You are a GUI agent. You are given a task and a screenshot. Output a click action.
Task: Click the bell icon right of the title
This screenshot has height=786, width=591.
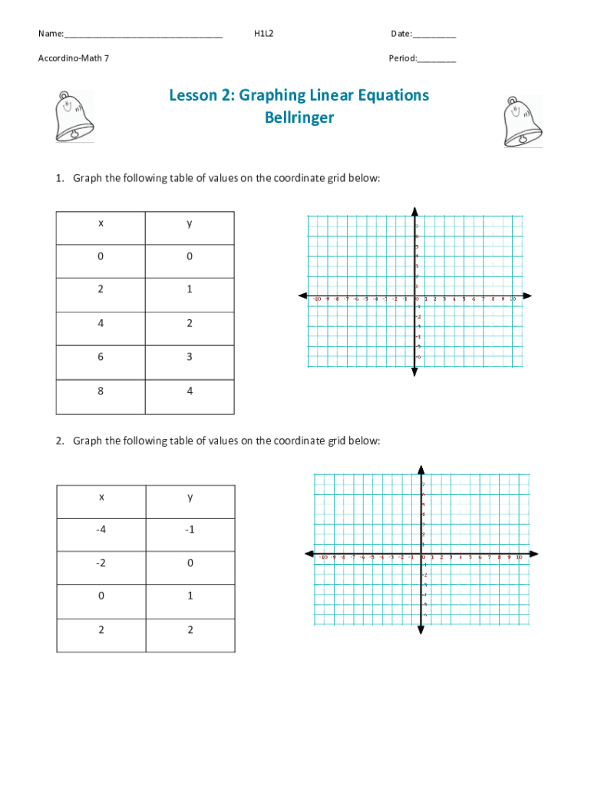click(522, 121)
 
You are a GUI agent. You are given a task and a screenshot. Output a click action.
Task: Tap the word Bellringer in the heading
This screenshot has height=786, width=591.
click(299, 118)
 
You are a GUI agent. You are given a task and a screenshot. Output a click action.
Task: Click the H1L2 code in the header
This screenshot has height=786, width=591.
click(264, 34)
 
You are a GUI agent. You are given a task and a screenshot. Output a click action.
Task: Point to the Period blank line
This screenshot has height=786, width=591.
click(437, 58)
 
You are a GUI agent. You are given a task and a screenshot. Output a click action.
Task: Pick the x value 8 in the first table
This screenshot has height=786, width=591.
click(101, 391)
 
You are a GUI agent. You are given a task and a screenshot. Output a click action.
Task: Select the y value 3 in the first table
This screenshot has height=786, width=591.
click(190, 357)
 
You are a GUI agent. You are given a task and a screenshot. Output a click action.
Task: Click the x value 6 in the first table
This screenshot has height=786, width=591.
click(101, 357)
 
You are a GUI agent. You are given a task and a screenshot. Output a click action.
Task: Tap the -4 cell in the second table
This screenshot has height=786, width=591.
click(101, 530)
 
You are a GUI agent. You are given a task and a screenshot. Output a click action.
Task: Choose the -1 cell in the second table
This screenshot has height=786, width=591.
click(190, 530)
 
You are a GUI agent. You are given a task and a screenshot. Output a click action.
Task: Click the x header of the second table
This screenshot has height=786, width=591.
click(101, 497)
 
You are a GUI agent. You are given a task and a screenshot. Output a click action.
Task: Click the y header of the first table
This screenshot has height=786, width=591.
click(190, 223)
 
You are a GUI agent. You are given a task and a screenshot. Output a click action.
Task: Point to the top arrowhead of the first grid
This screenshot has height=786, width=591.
click(414, 211)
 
